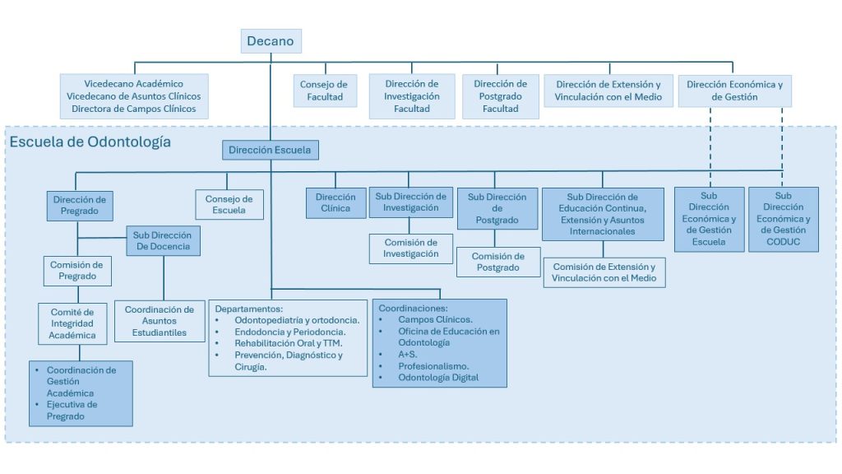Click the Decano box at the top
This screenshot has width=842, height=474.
[x=271, y=42]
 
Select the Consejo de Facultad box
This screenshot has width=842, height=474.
[x=324, y=91]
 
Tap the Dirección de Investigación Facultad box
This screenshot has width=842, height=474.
[x=411, y=96]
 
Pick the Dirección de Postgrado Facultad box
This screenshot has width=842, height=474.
[x=500, y=96]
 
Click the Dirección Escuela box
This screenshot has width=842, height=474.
[x=270, y=151]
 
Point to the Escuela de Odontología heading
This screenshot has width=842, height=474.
[x=90, y=142]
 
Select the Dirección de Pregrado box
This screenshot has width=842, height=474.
[x=79, y=205]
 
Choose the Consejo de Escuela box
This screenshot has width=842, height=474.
[x=229, y=205]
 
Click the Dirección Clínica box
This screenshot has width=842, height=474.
[x=335, y=202]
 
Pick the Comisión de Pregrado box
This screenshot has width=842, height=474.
[x=76, y=271]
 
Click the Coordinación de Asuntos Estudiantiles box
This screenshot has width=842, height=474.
[x=160, y=322]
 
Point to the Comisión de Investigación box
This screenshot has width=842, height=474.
[x=412, y=248]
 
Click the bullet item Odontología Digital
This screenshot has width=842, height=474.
[x=437, y=378]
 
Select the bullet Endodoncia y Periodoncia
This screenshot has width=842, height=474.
[x=284, y=332]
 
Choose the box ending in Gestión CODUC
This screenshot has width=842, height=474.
[x=783, y=219]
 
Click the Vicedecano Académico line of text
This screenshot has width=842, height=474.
[x=133, y=84]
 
